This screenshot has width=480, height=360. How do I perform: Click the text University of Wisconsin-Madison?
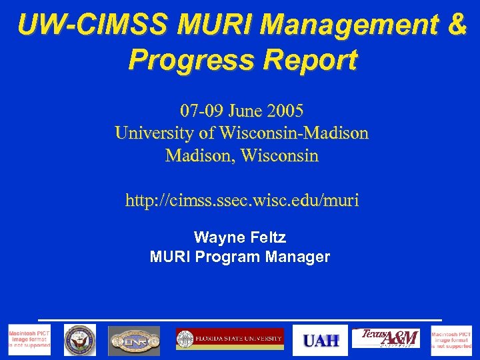pos(241,133)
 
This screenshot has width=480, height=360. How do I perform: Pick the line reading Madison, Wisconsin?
pos(241,156)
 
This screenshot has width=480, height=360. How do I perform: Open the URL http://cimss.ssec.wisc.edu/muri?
pos(241,199)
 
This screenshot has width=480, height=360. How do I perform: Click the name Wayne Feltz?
pos(240,237)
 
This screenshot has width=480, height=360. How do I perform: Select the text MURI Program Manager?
pos(240,257)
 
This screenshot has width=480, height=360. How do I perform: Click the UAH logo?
pos(321,340)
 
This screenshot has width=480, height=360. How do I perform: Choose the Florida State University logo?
pos(230,339)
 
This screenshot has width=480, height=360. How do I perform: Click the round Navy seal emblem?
pos(80,340)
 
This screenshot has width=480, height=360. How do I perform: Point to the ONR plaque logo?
pos(134,340)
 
